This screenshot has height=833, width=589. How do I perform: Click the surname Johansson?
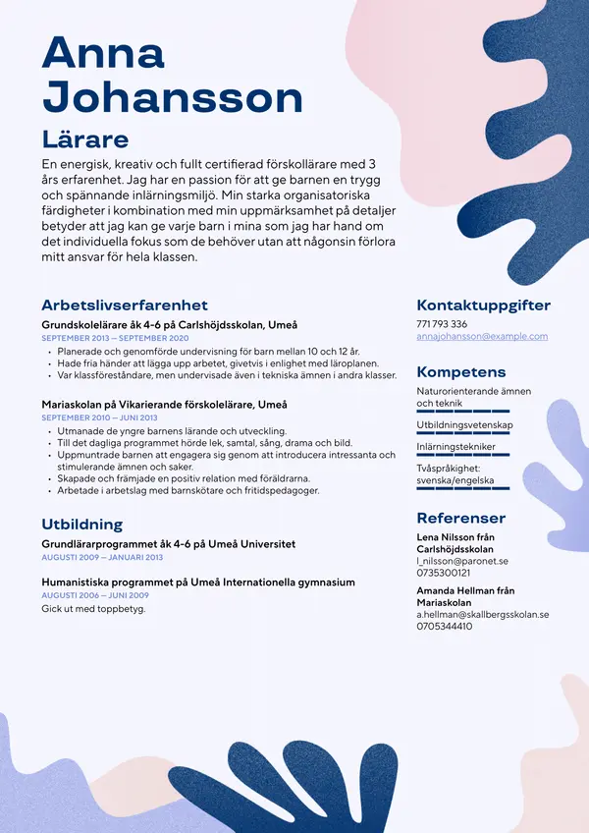coord(173,97)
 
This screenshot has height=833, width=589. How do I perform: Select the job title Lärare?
coord(85,138)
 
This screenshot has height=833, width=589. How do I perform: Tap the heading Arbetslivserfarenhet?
coord(125,305)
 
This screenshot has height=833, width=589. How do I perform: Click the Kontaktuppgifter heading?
coord(483,305)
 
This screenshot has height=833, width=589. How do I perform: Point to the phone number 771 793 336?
coord(442,324)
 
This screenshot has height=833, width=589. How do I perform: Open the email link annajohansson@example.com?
coord(482,336)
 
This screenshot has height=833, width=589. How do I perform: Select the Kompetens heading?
coord(461,372)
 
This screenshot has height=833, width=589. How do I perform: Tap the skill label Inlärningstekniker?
coord(455,447)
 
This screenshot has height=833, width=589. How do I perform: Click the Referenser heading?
coord(460,518)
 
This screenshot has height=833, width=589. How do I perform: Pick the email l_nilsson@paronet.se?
coord(462,561)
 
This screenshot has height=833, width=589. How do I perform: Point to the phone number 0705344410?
coord(444,626)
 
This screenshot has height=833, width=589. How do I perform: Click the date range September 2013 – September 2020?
coord(115,338)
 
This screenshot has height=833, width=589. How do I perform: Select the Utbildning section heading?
coord(81,524)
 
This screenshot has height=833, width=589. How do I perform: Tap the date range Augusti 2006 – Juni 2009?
coord(95,595)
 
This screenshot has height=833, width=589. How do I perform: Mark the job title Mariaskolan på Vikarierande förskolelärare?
coord(164,404)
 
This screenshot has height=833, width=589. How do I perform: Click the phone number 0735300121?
coord(444,573)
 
